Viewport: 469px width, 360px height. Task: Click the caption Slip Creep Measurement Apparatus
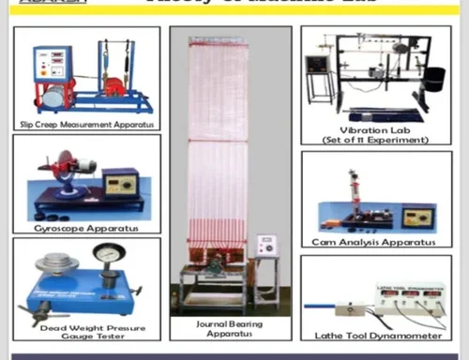click(86, 123)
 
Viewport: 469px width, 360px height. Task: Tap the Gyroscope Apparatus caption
click(85, 228)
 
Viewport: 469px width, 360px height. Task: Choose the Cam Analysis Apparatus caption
click(373, 242)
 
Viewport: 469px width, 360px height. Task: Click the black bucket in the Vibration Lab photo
click(433, 79)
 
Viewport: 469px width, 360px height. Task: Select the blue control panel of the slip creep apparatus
click(53, 64)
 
